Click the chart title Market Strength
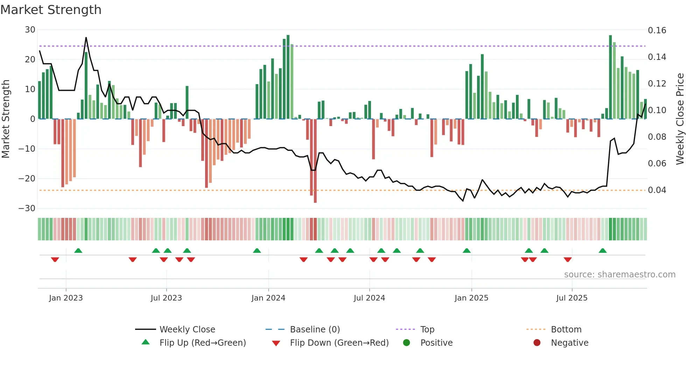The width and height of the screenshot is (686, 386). [51, 10]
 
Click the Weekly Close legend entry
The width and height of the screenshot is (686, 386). [187, 330]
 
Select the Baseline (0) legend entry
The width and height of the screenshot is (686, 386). [315, 330]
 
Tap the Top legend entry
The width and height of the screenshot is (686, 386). [427, 330]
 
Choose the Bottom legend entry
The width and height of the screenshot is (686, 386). [566, 330]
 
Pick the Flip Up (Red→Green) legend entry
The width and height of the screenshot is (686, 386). [202, 343]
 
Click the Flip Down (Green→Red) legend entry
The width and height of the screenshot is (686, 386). [339, 343]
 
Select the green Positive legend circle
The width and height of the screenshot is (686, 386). [406, 343]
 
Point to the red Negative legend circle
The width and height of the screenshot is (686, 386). [537, 343]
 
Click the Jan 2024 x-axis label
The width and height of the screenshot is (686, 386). [268, 298]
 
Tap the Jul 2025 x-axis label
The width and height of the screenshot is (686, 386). [572, 298]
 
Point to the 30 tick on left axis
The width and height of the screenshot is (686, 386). [30, 30]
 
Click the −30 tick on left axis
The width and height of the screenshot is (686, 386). [27, 208]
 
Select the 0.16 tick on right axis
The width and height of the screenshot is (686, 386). [657, 30]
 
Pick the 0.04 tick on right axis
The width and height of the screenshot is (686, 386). [657, 190]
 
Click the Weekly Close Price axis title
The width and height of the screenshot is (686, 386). [680, 119]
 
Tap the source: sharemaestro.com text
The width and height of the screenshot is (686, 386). [619, 275]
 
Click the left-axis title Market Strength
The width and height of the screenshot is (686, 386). [6, 119]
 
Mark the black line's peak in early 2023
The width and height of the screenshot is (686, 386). [86, 37]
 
